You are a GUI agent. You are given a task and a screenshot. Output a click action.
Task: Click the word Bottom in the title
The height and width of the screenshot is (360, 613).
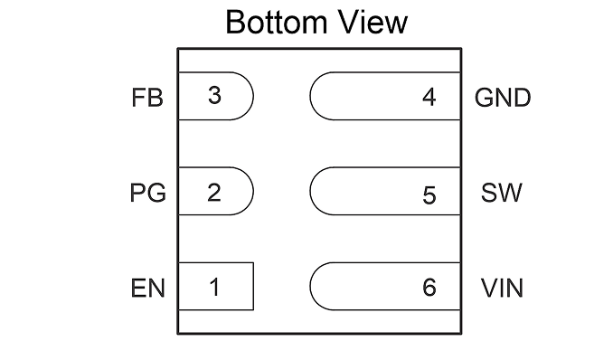coord(277,23)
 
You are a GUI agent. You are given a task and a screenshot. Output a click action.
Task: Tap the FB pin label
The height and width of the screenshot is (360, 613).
coord(147,98)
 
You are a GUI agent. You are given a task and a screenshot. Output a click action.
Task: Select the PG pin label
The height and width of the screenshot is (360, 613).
coord(147,193)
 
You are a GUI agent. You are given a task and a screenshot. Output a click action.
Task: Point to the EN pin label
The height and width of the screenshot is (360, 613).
coord(147,289)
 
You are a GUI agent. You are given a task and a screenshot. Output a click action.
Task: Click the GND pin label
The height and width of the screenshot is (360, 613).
coord(503,98)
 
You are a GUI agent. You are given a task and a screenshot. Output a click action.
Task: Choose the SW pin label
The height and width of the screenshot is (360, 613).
coord(501,193)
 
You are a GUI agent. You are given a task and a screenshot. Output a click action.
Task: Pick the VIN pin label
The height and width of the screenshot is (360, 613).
coord(502,289)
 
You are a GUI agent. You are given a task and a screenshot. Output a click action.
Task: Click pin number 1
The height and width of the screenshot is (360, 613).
coord(214,287)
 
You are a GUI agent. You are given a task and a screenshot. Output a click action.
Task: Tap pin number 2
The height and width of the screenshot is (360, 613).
coord(214,192)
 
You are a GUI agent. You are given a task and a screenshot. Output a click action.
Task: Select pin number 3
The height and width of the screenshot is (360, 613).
coord(214,96)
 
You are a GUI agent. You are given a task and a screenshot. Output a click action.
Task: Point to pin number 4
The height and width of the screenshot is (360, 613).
coord(429,97)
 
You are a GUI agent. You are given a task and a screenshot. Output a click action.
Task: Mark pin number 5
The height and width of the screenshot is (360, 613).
coord(429,195)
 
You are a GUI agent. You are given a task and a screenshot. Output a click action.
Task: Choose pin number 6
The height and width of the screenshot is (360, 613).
coord(429,287)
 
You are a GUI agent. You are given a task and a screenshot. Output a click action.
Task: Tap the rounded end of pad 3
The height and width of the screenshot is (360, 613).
coord(253,96)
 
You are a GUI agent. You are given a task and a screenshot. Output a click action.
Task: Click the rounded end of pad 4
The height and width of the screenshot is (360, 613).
coord(310,96)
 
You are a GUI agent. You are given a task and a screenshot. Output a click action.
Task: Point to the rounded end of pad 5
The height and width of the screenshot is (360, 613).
coord(310,191)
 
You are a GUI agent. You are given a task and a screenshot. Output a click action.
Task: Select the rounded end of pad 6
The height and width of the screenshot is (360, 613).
coord(310,287)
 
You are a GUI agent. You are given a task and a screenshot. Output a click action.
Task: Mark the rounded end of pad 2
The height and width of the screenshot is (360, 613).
coord(253,191)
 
